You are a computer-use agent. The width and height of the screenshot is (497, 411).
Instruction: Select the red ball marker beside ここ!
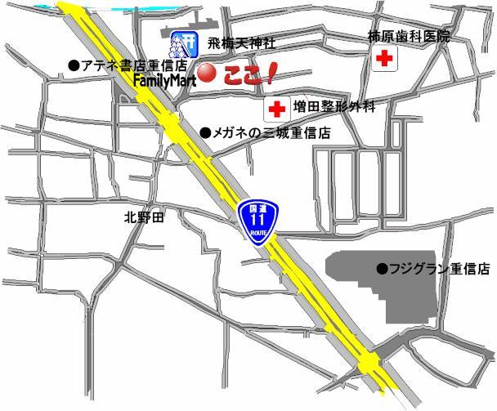[x=208, y=74]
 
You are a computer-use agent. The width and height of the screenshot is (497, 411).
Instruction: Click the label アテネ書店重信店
[x=133, y=65]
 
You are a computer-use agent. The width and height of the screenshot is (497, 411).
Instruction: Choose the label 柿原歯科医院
[x=409, y=37]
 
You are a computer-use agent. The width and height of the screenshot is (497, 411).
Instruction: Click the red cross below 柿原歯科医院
[x=383, y=60]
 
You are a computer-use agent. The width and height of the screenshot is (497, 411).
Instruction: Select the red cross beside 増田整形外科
[x=277, y=107]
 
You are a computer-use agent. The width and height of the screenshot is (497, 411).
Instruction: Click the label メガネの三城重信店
[x=271, y=132]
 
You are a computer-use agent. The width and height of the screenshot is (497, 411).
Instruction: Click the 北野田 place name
[x=144, y=217]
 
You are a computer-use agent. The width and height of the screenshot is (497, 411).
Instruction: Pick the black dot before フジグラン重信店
[x=380, y=268]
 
